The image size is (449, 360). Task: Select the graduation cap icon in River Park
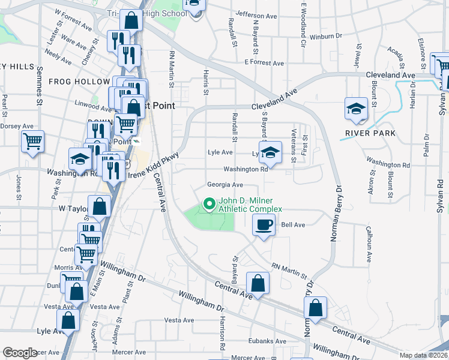click(x=357, y=109)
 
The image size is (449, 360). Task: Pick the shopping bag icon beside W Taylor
click(x=100, y=206)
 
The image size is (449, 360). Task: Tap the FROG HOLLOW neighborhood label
click(x=76, y=82)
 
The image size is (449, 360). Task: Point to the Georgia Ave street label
click(x=224, y=185)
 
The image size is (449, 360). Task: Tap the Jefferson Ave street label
click(x=255, y=13)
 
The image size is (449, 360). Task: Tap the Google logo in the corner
click(x=20, y=353)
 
